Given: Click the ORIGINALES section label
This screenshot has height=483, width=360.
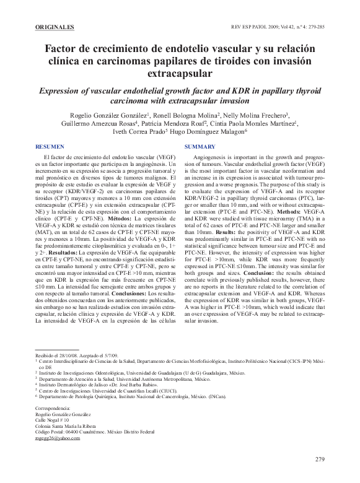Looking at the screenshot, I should pyautogui.click(x=55, y=27).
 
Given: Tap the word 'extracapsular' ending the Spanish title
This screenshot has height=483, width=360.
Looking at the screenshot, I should pyautogui.click(x=180, y=74).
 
